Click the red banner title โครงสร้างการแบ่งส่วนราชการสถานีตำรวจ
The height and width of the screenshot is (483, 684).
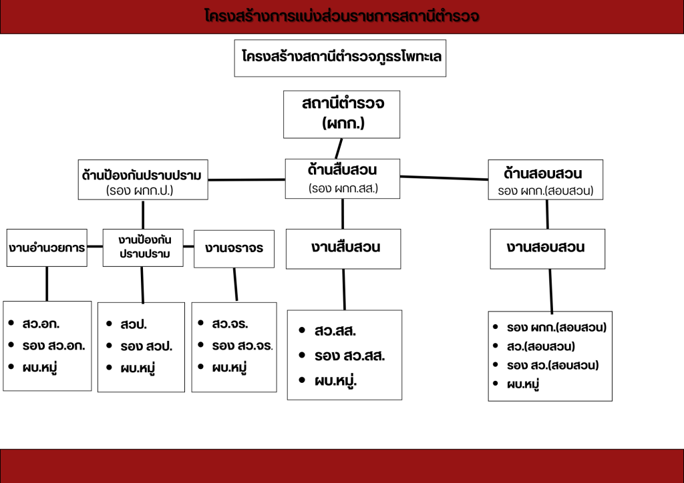click(341, 16)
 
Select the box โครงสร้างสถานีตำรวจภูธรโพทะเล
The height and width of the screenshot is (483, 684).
click(340, 58)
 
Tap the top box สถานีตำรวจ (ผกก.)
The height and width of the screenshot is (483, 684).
click(341, 115)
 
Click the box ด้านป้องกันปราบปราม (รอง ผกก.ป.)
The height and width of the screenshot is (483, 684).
click(143, 180)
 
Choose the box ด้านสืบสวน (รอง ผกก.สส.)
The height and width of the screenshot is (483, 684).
click(343, 179)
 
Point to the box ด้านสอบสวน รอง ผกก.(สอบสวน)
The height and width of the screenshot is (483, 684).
click(545, 180)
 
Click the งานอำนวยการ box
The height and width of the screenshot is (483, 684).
click(47, 248)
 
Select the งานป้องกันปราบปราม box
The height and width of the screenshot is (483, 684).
click(143, 248)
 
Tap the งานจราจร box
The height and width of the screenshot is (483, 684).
click(234, 249)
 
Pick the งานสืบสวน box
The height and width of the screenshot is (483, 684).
click(343, 249)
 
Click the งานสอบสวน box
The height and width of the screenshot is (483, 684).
click(548, 249)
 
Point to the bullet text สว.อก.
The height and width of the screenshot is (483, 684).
click(41, 324)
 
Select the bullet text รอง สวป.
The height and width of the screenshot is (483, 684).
click(146, 346)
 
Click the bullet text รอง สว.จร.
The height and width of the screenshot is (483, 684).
click(242, 346)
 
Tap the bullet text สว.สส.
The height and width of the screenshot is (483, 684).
click(335, 331)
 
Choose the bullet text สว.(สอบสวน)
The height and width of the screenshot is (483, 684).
click(541, 346)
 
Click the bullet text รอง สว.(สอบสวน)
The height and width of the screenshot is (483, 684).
click(552, 365)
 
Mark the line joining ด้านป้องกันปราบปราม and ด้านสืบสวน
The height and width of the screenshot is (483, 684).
click(246, 179)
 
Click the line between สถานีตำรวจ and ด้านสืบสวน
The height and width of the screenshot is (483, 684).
click(339, 149)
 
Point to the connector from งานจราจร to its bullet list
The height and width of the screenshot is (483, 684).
click(236, 284)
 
